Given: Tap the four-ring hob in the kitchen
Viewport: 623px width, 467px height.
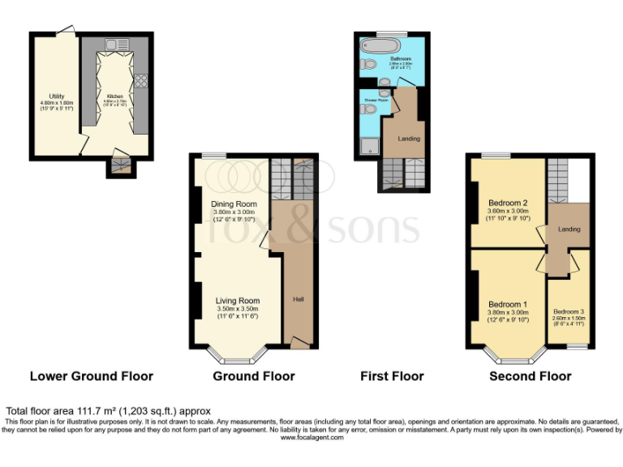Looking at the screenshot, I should [x=141, y=80].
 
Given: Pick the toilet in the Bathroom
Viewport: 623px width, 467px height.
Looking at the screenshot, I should [x=367, y=65].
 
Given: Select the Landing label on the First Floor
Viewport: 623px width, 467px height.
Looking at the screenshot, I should [x=408, y=139].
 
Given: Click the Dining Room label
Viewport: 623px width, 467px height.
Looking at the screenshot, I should [x=234, y=204].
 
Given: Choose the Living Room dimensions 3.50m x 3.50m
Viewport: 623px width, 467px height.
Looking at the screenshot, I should [x=237, y=308].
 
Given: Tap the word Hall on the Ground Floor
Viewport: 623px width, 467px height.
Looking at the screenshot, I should [x=298, y=300].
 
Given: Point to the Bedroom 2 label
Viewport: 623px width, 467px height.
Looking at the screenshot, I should [x=509, y=202].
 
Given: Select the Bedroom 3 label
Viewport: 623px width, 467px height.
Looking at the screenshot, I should [x=569, y=311].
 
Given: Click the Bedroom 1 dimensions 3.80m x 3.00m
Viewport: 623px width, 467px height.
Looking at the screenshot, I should [x=508, y=313].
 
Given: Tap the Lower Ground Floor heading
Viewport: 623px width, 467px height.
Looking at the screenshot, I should [x=91, y=376].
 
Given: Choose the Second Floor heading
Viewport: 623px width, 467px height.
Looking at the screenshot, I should [x=531, y=376].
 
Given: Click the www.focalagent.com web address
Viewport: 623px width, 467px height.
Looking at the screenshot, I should [x=312, y=437].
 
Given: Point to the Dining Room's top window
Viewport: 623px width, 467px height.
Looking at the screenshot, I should [x=214, y=155].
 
